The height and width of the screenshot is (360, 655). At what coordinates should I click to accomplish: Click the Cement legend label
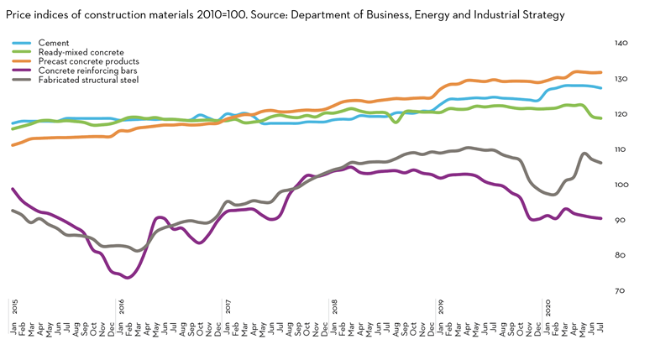53,43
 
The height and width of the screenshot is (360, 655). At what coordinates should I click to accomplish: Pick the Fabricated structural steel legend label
88,80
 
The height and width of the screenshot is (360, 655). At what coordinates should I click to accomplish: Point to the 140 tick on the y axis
621,43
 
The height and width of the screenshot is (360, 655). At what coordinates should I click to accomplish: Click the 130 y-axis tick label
621,79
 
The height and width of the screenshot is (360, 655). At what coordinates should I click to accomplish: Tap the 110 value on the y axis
621,149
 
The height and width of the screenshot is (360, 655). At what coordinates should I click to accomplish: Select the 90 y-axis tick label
620,220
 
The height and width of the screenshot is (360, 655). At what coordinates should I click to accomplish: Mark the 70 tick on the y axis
620,290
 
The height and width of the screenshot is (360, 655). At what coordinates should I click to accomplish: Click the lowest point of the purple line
127,277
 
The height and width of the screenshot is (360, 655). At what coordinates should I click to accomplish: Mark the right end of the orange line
600,72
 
